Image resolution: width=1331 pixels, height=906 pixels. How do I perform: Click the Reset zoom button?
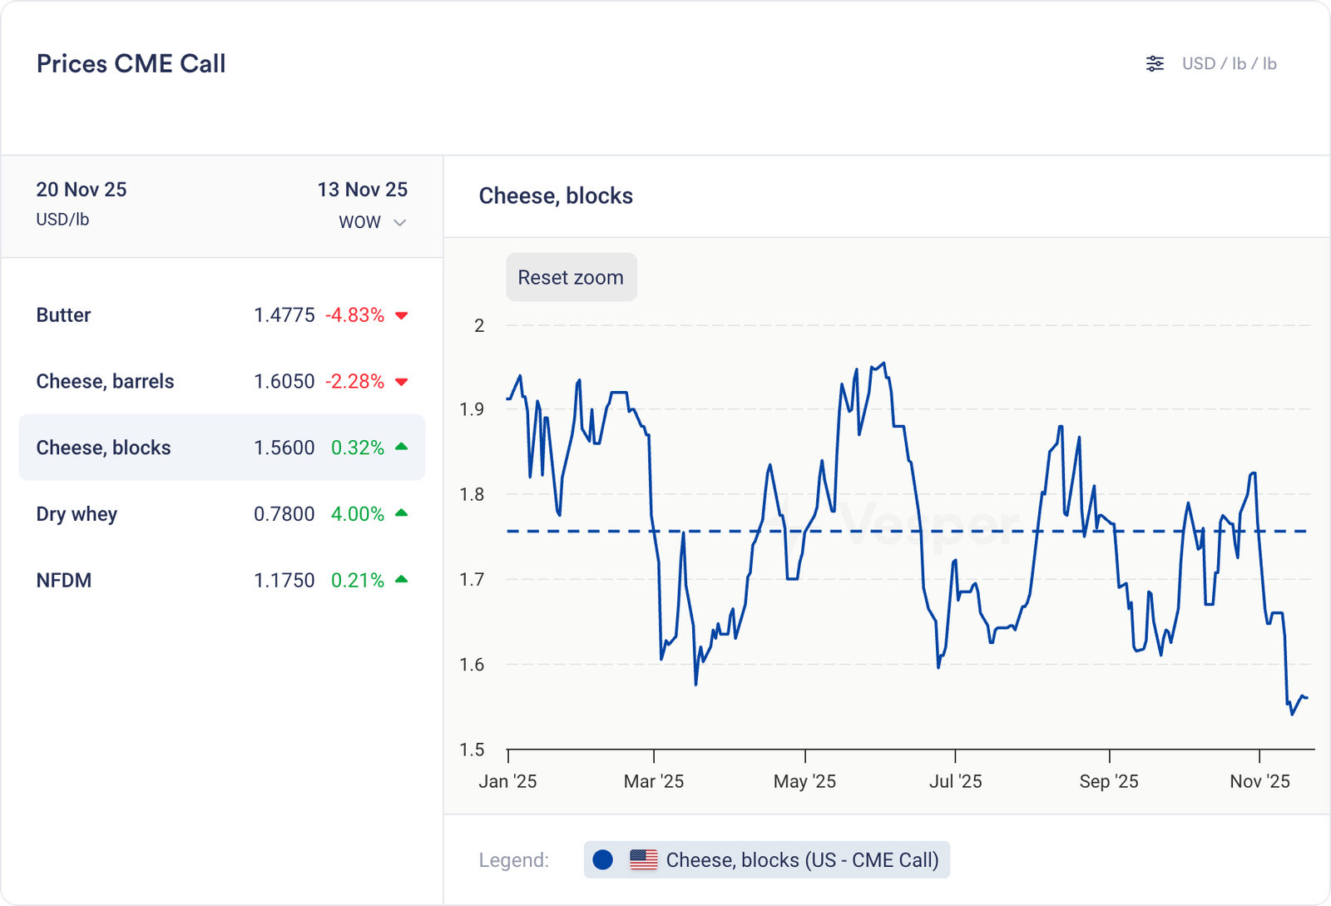pyautogui.click(x=571, y=277)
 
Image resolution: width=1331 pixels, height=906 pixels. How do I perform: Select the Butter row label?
pyautogui.click(x=63, y=315)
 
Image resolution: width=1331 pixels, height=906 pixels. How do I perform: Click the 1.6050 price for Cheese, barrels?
pyautogui.click(x=284, y=382)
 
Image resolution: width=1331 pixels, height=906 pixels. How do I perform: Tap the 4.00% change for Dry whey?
pyautogui.click(x=358, y=514)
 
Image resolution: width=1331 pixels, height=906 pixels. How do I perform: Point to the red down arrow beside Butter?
pyautogui.click(x=402, y=315)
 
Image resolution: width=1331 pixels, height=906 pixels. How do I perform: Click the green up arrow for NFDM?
pyautogui.click(x=402, y=580)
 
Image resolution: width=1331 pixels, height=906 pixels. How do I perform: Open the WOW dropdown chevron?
pyautogui.click(x=400, y=222)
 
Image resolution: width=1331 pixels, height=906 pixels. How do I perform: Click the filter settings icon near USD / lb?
pyautogui.click(x=1155, y=64)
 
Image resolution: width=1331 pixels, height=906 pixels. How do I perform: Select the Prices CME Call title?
pyautogui.click(x=131, y=64)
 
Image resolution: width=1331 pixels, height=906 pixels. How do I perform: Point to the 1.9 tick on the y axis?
pyautogui.click(x=472, y=409)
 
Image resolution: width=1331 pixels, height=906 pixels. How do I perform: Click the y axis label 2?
pyautogui.click(x=479, y=325)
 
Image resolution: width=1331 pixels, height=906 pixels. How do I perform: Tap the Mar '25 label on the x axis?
pyautogui.click(x=654, y=781)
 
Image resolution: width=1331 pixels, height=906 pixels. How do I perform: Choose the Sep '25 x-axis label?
pyautogui.click(x=1109, y=781)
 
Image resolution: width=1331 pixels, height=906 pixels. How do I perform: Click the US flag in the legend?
pyautogui.click(x=644, y=859)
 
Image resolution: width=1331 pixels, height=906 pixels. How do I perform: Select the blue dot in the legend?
pyautogui.click(x=603, y=859)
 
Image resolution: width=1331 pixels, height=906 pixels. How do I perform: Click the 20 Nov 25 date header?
pyautogui.click(x=82, y=190)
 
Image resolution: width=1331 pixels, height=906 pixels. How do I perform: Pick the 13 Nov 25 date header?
pyautogui.click(x=363, y=190)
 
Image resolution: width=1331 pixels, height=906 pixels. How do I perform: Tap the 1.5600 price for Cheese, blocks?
pyautogui.click(x=284, y=448)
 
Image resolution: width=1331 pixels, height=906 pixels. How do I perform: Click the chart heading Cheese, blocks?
pyautogui.click(x=556, y=196)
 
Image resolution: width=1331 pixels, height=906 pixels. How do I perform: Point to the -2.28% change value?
pyautogui.click(x=354, y=382)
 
